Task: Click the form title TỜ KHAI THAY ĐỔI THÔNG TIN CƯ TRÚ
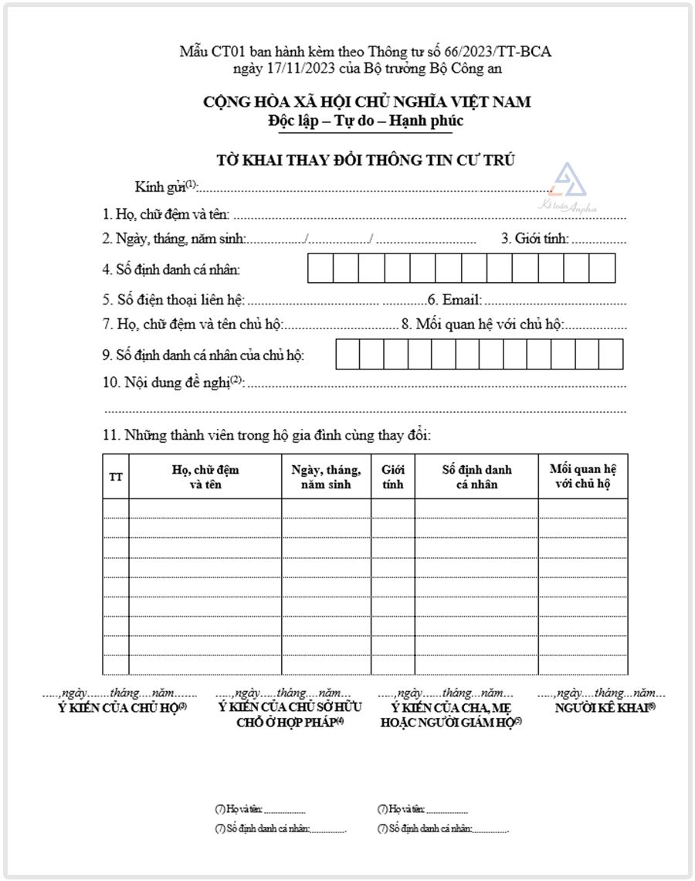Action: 365,160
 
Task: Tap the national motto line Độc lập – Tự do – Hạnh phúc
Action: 365,121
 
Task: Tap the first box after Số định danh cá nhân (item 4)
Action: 320,268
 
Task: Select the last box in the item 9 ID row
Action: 611,354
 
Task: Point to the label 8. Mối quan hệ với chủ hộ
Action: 479,324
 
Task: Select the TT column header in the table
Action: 116,477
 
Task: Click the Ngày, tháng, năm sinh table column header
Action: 326,477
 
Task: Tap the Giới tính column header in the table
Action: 392,477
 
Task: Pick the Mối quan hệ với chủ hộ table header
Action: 582,477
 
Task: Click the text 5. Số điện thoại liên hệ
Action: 173,300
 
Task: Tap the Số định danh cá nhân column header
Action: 476,477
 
